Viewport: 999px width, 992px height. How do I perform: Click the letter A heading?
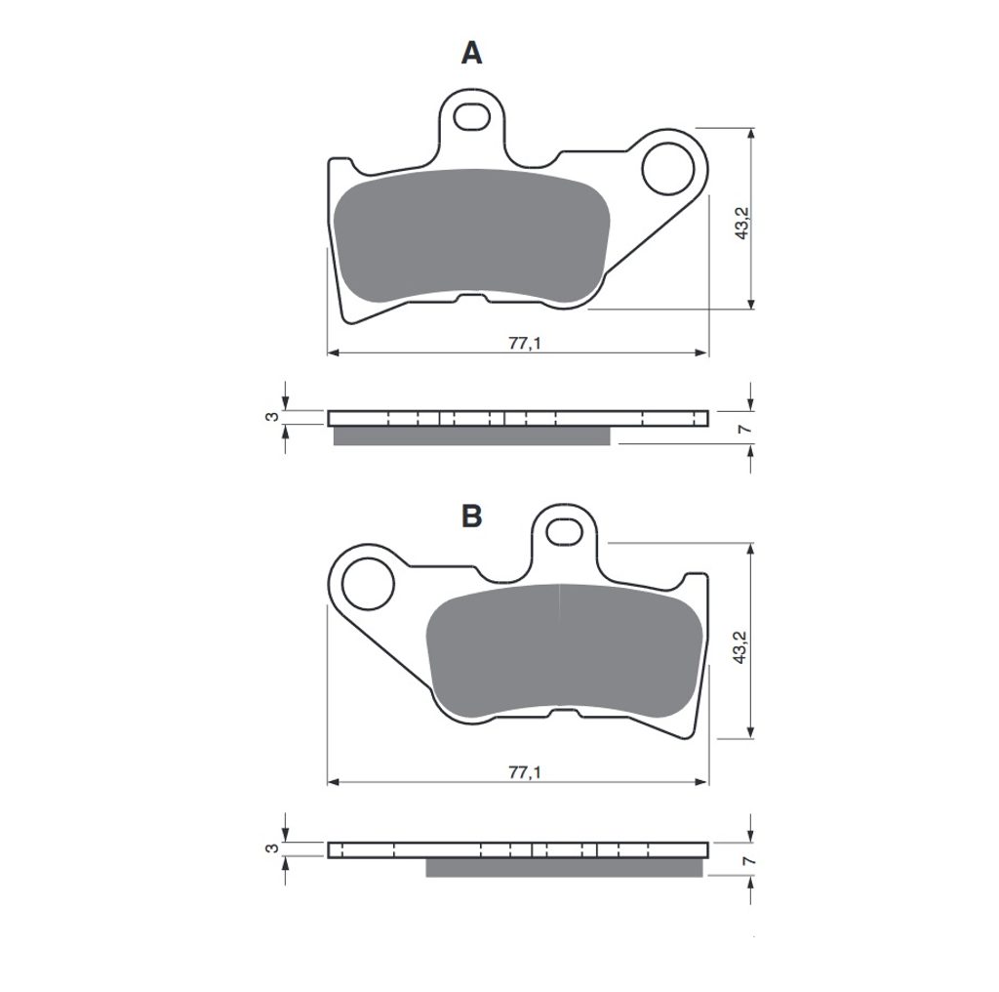(x=471, y=53)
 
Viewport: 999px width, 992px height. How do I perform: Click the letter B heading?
(x=471, y=517)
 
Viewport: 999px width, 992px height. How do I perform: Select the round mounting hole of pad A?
(x=667, y=169)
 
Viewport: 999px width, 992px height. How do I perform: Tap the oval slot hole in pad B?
(x=565, y=532)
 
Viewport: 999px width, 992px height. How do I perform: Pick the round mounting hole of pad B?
(x=368, y=584)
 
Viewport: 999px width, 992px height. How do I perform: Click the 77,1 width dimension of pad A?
(x=524, y=343)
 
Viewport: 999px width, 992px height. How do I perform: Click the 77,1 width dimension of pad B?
(x=524, y=772)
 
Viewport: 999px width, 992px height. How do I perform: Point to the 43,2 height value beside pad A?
(x=742, y=224)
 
